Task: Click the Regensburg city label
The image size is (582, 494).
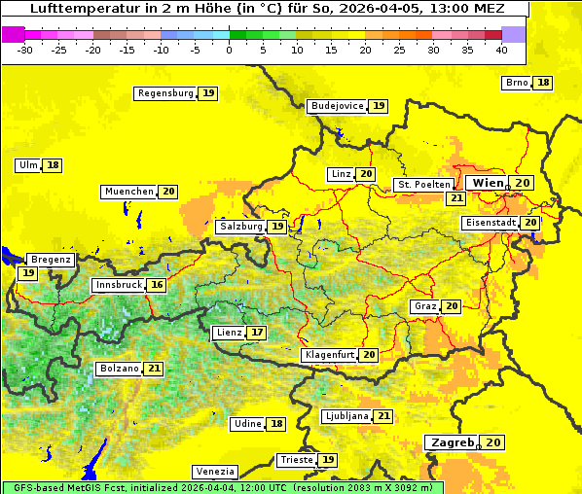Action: pos(164,93)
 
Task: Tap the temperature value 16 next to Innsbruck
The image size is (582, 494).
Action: pos(157,285)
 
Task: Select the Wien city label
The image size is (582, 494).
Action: pos(488,183)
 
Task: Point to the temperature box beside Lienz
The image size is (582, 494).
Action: pos(257,333)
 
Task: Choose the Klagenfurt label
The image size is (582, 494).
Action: pos(328,355)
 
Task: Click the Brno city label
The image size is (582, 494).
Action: pos(516,83)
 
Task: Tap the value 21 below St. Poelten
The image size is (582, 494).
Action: pos(455,198)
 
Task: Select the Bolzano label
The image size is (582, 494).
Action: pos(119,369)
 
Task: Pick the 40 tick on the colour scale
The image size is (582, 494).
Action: pos(501,49)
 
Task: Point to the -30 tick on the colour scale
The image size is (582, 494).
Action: pos(25,49)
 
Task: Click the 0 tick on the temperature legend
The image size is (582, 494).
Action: pos(229,49)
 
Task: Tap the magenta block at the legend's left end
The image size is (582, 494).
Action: pos(13,34)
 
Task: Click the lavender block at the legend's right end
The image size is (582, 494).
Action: pos(514,34)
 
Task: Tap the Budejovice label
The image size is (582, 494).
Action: pos(337,106)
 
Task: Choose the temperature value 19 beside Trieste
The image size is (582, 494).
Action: pos(329,460)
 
